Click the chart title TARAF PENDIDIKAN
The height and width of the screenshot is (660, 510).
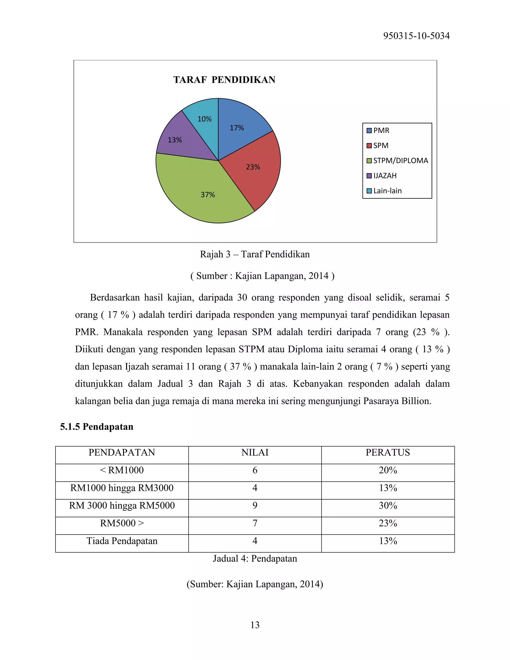pos(224,80)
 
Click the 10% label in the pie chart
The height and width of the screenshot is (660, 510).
pos(204,119)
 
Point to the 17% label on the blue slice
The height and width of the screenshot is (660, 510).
pos(237,128)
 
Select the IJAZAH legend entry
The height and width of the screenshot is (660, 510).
pos(384,176)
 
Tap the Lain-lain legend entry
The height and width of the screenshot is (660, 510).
pos(387,191)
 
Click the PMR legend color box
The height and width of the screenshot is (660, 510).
pos(369,131)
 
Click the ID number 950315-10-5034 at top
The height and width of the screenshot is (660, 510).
pos(416,36)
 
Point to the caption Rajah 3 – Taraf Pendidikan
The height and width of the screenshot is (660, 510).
pos(255,254)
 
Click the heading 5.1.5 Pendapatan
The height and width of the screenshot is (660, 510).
pos(97,426)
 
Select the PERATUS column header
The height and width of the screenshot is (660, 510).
pos(388,452)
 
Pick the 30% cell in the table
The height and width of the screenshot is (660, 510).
pos(388,505)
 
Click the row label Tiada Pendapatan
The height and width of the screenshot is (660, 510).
pos(122,541)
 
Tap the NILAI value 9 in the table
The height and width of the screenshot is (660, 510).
pos(255,505)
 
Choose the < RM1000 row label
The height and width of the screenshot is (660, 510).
pos(122,470)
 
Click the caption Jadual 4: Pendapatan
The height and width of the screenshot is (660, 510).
pos(255,558)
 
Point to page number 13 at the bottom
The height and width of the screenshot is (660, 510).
pos(255,625)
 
